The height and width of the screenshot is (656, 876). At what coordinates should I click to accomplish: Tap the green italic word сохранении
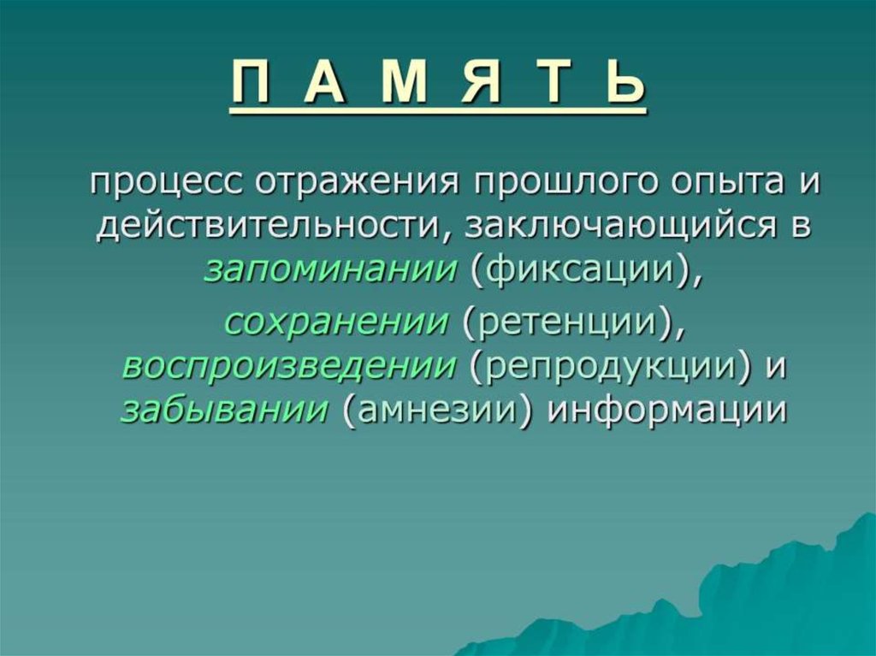[336, 324]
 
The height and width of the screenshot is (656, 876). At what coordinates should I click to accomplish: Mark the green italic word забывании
[224, 410]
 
